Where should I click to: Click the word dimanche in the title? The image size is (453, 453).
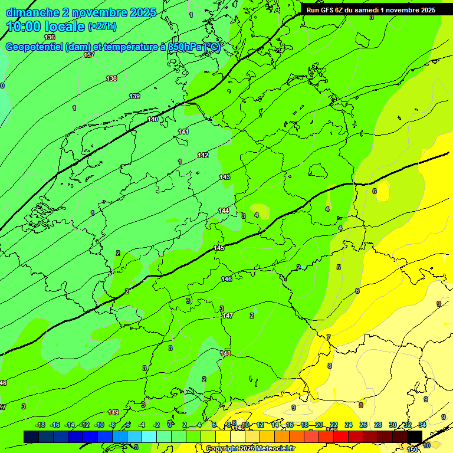coord(32,12)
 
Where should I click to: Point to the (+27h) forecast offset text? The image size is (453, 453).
coord(101,27)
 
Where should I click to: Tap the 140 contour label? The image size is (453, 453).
coord(153,119)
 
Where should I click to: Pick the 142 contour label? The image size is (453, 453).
coord(203,155)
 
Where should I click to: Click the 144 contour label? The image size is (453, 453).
coord(224,211)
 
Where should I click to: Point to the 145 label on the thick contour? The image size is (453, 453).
coord(219,248)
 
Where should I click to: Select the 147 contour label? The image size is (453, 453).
coord(228,316)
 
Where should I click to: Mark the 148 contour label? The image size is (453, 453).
coord(225,353)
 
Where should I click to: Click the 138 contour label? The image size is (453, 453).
coord(111,78)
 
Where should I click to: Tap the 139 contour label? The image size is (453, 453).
coord(134,96)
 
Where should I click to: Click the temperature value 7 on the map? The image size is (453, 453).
coord(329,337)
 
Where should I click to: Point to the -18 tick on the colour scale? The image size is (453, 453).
coord(40,425)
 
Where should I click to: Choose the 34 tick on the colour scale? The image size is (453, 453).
coord(422,425)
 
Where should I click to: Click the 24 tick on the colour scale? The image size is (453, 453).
coord(349,425)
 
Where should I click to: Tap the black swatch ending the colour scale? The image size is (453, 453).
coord(415,436)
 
